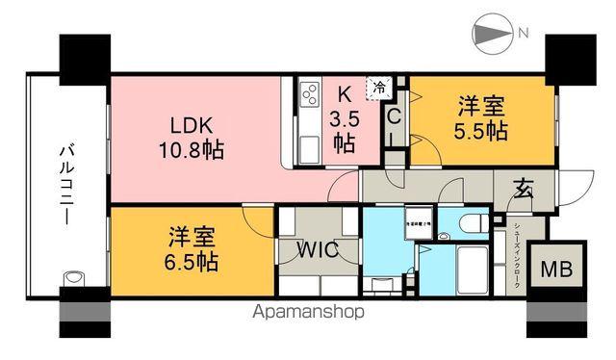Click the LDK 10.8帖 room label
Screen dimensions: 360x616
pos(198,137)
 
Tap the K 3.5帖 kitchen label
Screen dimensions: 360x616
pos(344,119)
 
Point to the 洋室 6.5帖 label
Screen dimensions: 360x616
pos(189,249)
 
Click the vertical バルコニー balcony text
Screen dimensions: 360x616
pos(67,185)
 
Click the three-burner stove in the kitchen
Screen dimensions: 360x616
pos(312,96)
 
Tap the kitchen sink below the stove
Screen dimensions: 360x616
pos(311,149)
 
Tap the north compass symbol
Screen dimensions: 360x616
pos(492,36)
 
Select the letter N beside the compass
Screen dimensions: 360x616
pos(523,35)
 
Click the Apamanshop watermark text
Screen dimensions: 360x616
pos(308,312)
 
